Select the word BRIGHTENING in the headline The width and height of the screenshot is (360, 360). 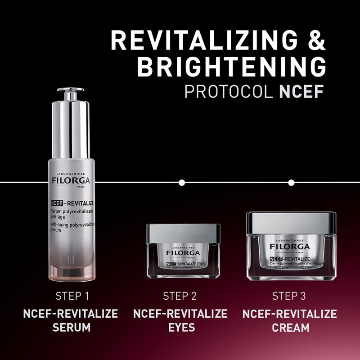click(x=231, y=66)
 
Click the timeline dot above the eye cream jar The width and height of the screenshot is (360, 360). click(x=182, y=183)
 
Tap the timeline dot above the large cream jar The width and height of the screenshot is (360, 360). click(x=291, y=183)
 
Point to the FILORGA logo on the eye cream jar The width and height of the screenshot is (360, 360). click(x=183, y=252)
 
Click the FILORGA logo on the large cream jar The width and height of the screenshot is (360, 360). click(x=291, y=247)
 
